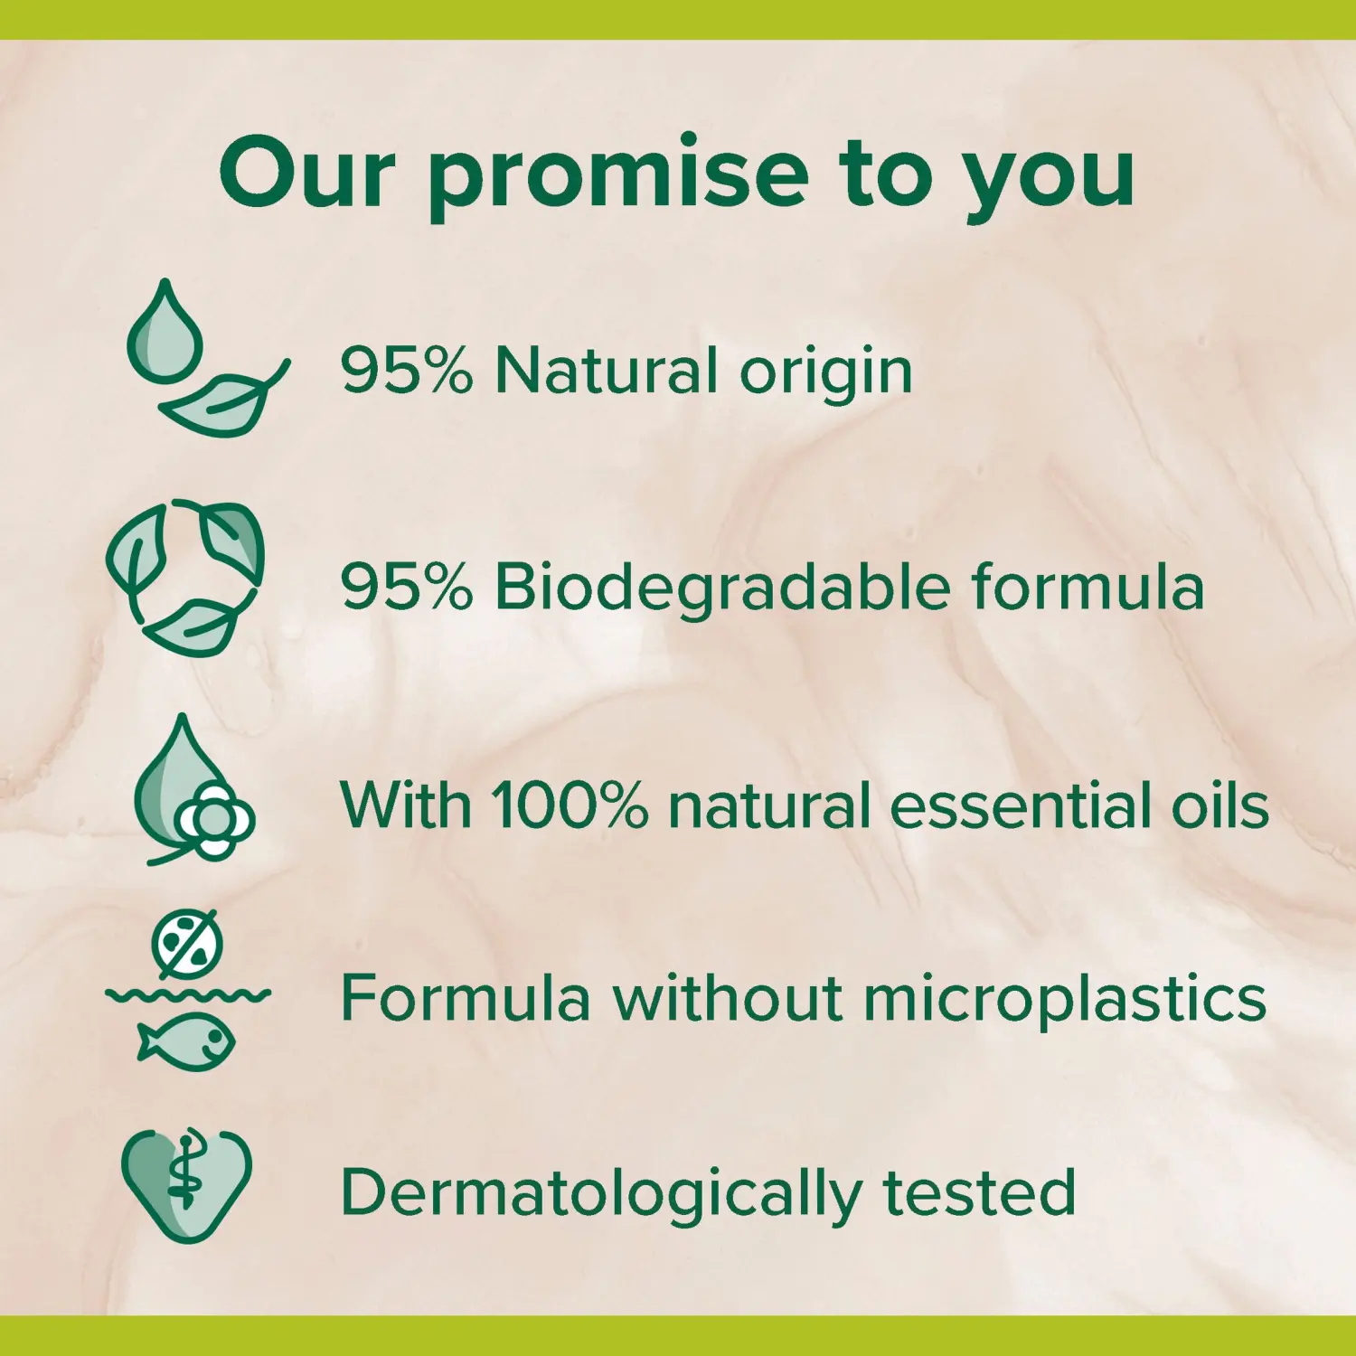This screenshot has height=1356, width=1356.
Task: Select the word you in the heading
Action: coord(1048,184)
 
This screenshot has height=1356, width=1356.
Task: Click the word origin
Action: coord(826,374)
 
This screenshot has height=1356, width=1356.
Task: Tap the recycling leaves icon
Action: coord(185,578)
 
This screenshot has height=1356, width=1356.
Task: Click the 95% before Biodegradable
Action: coord(407,588)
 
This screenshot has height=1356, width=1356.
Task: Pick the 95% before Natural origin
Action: coord(407,371)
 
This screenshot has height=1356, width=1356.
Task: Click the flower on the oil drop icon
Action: coord(215,821)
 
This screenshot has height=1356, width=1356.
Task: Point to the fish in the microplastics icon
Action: coord(186,1042)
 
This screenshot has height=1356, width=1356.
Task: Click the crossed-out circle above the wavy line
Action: coord(188,945)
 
